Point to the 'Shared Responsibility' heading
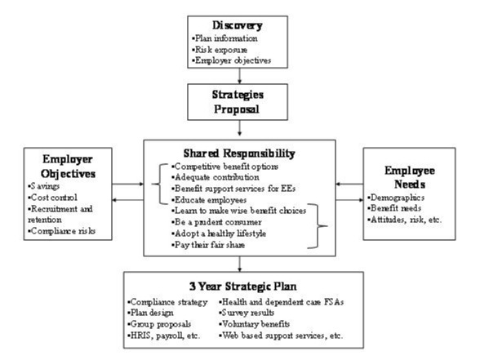click(x=238, y=153)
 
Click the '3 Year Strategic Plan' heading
click(x=238, y=287)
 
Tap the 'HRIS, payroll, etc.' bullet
click(x=166, y=335)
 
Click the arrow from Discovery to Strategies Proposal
click(x=239, y=75)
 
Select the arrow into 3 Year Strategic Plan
click(x=239, y=264)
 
